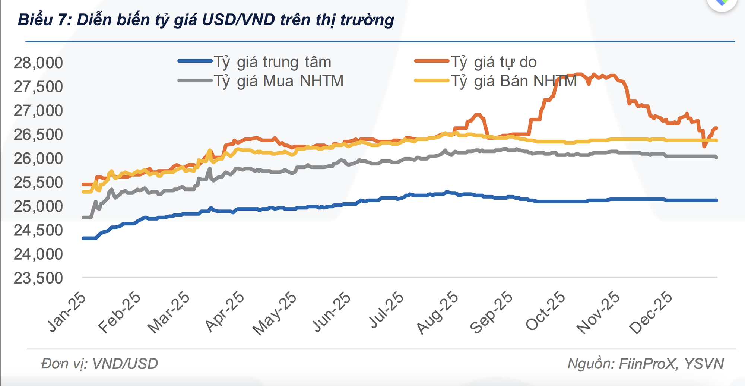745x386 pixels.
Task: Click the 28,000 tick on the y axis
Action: (38, 63)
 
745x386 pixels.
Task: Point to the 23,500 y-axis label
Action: (38, 278)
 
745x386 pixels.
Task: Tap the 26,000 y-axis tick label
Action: (38, 159)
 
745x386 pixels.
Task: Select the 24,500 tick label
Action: (38, 231)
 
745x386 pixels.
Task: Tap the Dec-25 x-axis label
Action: (651, 313)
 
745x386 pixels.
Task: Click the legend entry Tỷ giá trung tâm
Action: (272, 62)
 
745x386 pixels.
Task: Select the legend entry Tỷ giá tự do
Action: (494, 62)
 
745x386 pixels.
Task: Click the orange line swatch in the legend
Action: (431, 61)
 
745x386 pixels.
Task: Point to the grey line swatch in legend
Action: (195, 80)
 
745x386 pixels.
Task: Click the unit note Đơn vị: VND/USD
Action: (99, 364)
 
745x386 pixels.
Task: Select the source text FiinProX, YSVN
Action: (671, 364)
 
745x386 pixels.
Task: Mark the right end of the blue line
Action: (717, 200)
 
